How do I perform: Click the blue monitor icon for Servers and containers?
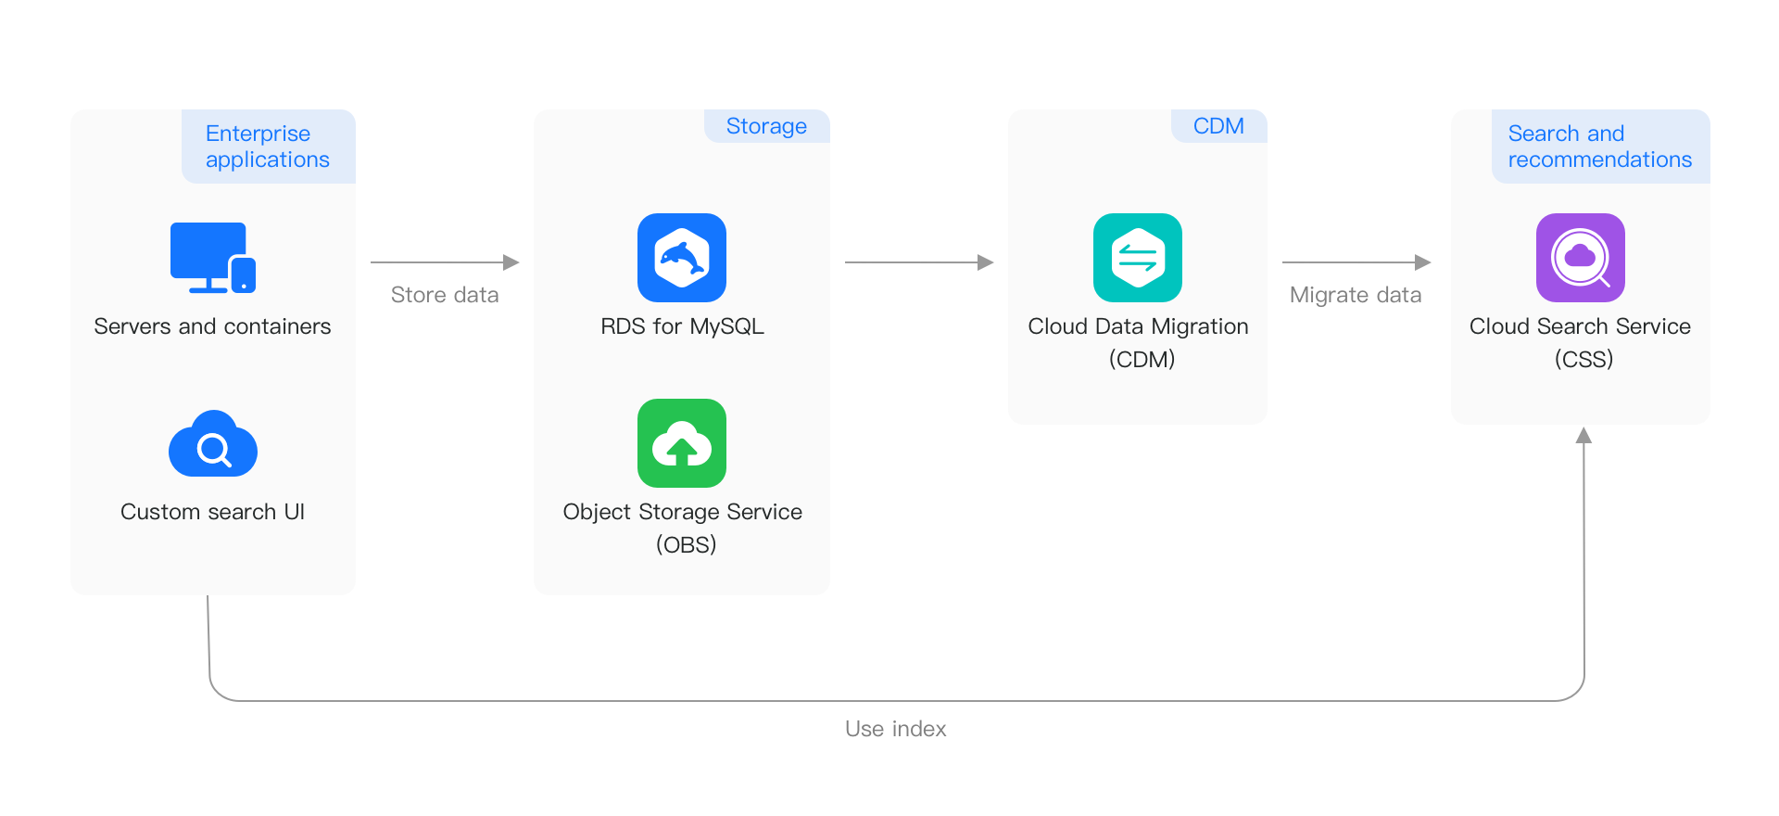point(212,257)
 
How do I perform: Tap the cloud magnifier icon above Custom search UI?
point(213,445)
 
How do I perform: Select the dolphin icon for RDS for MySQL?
point(682,258)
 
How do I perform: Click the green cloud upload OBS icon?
point(682,443)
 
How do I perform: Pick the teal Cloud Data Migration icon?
point(1138,258)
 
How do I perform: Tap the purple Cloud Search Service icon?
point(1581,258)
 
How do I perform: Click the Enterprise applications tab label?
point(268,147)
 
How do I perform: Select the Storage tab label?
point(766,126)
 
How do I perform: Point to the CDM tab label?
point(1218,126)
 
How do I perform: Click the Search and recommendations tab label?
point(1600,147)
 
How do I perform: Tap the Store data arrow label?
point(445,295)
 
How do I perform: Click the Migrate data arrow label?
point(1356,295)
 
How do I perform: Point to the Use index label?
point(895,729)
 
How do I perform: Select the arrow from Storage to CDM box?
point(917,262)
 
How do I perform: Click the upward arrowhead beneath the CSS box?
point(1584,435)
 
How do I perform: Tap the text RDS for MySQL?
point(682,326)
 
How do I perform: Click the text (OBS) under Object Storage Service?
point(686,544)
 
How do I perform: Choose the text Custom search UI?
point(212,512)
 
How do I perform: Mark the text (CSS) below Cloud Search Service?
point(1583,359)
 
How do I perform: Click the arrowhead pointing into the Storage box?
point(511,262)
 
